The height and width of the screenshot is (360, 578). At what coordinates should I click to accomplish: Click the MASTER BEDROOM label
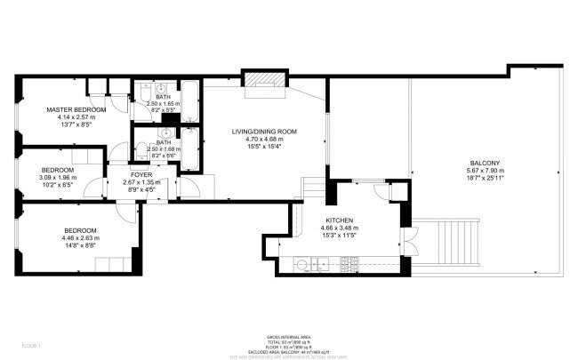pyautogui.click(x=76, y=109)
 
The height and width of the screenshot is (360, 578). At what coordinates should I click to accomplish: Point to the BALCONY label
pyautogui.click(x=486, y=163)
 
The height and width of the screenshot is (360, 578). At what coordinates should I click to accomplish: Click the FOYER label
pyautogui.click(x=140, y=175)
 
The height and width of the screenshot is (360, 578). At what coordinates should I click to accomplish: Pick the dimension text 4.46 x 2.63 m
pyautogui.click(x=80, y=237)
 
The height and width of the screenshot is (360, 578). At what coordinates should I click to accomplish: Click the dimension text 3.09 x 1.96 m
pyautogui.click(x=58, y=177)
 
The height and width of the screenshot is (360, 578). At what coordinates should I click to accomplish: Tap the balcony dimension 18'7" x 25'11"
pyautogui.click(x=486, y=179)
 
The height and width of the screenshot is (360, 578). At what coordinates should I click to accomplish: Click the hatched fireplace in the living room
pyautogui.click(x=265, y=81)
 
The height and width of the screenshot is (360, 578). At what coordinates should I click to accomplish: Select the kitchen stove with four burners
pyautogui.click(x=349, y=264)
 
